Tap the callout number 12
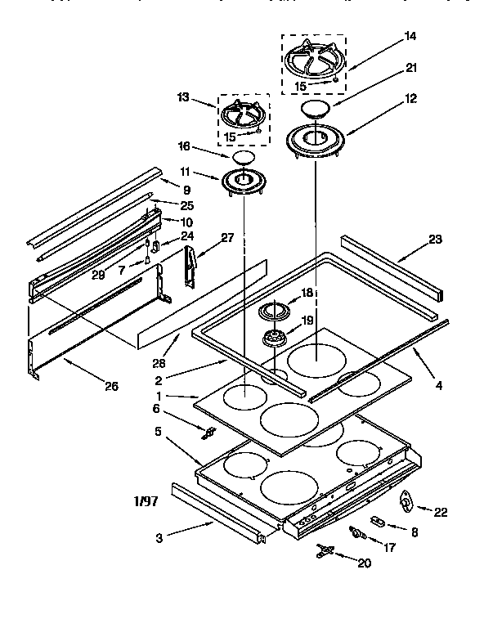(x=410, y=99)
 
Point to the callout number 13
(x=182, y=97)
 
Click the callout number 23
(x=434, y=239)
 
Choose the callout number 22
(x=440, y=512)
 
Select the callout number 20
(x=365, y=563)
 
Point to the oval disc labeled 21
(x=317, y=108)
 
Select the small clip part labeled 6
(x=208, y=432)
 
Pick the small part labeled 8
(x=378, y=520)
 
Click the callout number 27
(x=226, y=238)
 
